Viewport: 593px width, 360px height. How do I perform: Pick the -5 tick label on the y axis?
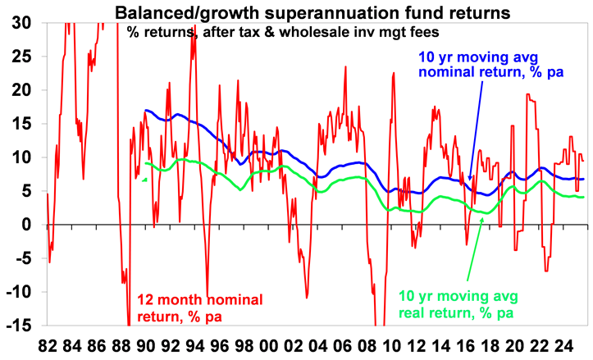22,257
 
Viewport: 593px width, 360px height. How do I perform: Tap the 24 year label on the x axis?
564,345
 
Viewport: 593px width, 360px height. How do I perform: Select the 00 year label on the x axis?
269,345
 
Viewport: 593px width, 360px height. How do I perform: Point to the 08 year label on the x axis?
367,345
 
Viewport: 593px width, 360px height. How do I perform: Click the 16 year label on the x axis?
466,345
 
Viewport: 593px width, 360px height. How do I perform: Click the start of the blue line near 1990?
145,110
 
